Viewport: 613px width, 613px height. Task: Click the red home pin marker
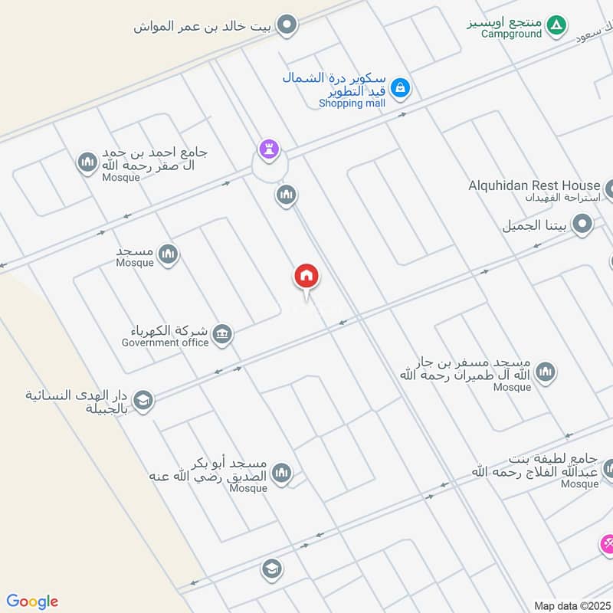(306, 276)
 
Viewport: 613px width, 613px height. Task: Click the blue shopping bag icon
(399, 89)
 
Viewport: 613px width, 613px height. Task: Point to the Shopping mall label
(351, 103)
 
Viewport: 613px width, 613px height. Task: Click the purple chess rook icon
(268, 148)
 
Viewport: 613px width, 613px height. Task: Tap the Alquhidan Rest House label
(534, 185)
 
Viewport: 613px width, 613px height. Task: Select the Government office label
(165, 343)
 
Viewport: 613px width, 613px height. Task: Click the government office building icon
(222, 334)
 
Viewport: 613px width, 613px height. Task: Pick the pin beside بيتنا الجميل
(582, 225)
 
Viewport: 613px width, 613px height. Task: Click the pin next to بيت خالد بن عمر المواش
(287, 26)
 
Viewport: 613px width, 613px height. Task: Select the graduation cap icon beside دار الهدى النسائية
(143, 399)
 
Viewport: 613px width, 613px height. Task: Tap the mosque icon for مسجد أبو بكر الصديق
(282, 472)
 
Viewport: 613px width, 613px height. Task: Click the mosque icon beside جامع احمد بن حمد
(86, 162)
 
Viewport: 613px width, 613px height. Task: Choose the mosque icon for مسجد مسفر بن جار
(545, 372)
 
